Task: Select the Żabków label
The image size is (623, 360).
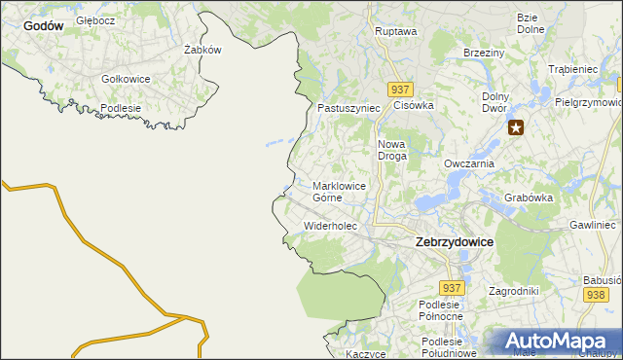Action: point(202,50)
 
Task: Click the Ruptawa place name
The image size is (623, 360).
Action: point(395,31)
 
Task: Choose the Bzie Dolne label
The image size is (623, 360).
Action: point(530,23)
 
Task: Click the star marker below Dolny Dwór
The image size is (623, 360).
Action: point(516,126)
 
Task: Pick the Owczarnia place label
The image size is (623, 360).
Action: point(469,164)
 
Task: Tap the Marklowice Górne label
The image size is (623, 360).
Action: point(340,191)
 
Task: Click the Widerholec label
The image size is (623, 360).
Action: point(331,226)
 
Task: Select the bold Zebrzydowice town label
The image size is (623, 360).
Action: point(454,241)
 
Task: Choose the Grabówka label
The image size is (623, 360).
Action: point(529,198)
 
